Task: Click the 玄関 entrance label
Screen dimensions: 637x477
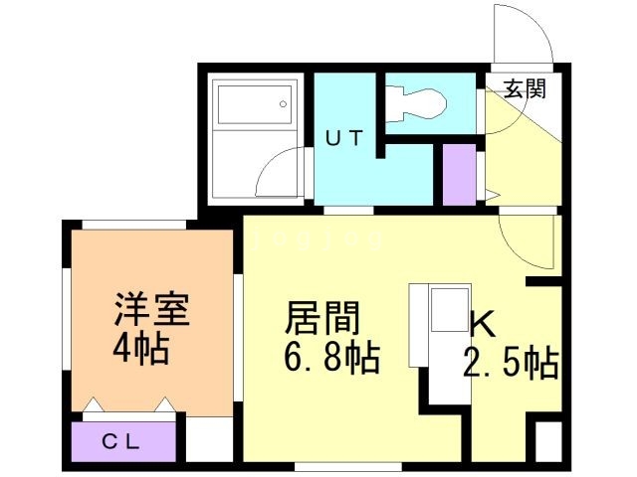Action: click(x=525, y=88)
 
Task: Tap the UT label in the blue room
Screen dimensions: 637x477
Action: click(x=344, y=138)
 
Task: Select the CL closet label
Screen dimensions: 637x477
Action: click(x=120, y=441)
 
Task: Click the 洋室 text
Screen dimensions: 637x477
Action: click(x=152, y=308)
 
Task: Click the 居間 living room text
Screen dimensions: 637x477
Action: click(x=322, y=318)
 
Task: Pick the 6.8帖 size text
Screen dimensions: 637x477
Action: click(x=331, y=358)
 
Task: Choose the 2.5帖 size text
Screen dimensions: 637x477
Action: click(x=511, y=363)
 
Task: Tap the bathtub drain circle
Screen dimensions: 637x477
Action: click(x=283, y=104)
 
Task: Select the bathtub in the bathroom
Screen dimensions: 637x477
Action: click(x=255, y=104)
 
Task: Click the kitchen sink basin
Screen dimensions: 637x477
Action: click(x=449, y=309)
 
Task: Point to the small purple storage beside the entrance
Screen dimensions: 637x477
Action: click(x=459, y=175)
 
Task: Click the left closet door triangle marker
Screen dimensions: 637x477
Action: click(x=93, y=404)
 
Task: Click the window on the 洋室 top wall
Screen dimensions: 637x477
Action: click(x=134, y=225)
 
